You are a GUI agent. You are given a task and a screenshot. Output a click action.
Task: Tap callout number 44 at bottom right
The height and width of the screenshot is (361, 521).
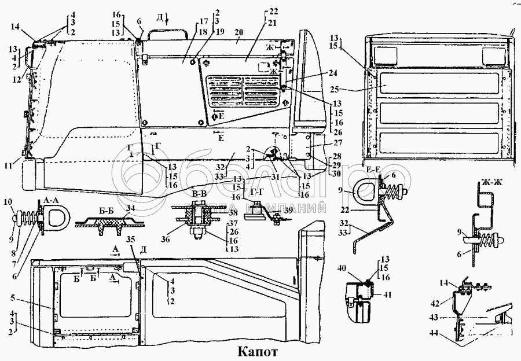pos(432,334)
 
